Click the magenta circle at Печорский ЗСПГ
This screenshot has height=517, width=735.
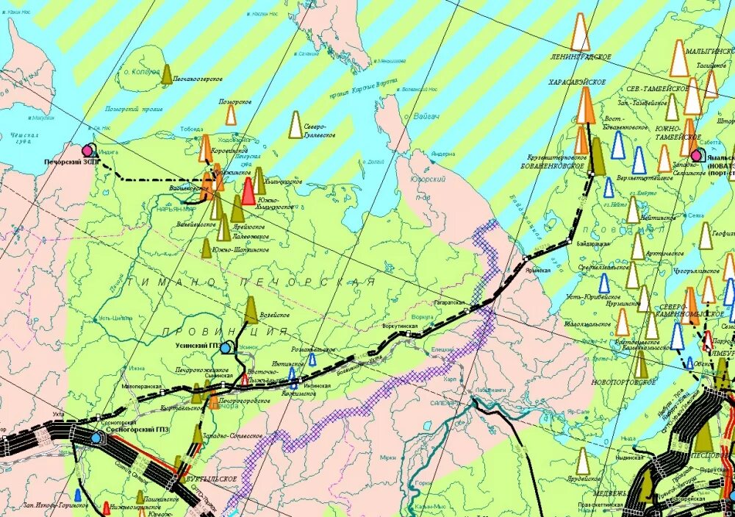[x=89, y=150]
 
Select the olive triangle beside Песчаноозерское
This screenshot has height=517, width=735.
[x=167, y=74]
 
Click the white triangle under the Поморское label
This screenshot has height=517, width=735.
[x=231, y=115]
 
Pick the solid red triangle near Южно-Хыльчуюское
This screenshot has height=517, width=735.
[x=248, y=190]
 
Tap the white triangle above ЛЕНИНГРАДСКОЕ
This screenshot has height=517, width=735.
[x=580, y=32]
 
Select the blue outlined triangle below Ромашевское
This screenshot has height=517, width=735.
[x=313, y=359]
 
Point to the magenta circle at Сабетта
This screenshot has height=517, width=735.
[x=695, y=155]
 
